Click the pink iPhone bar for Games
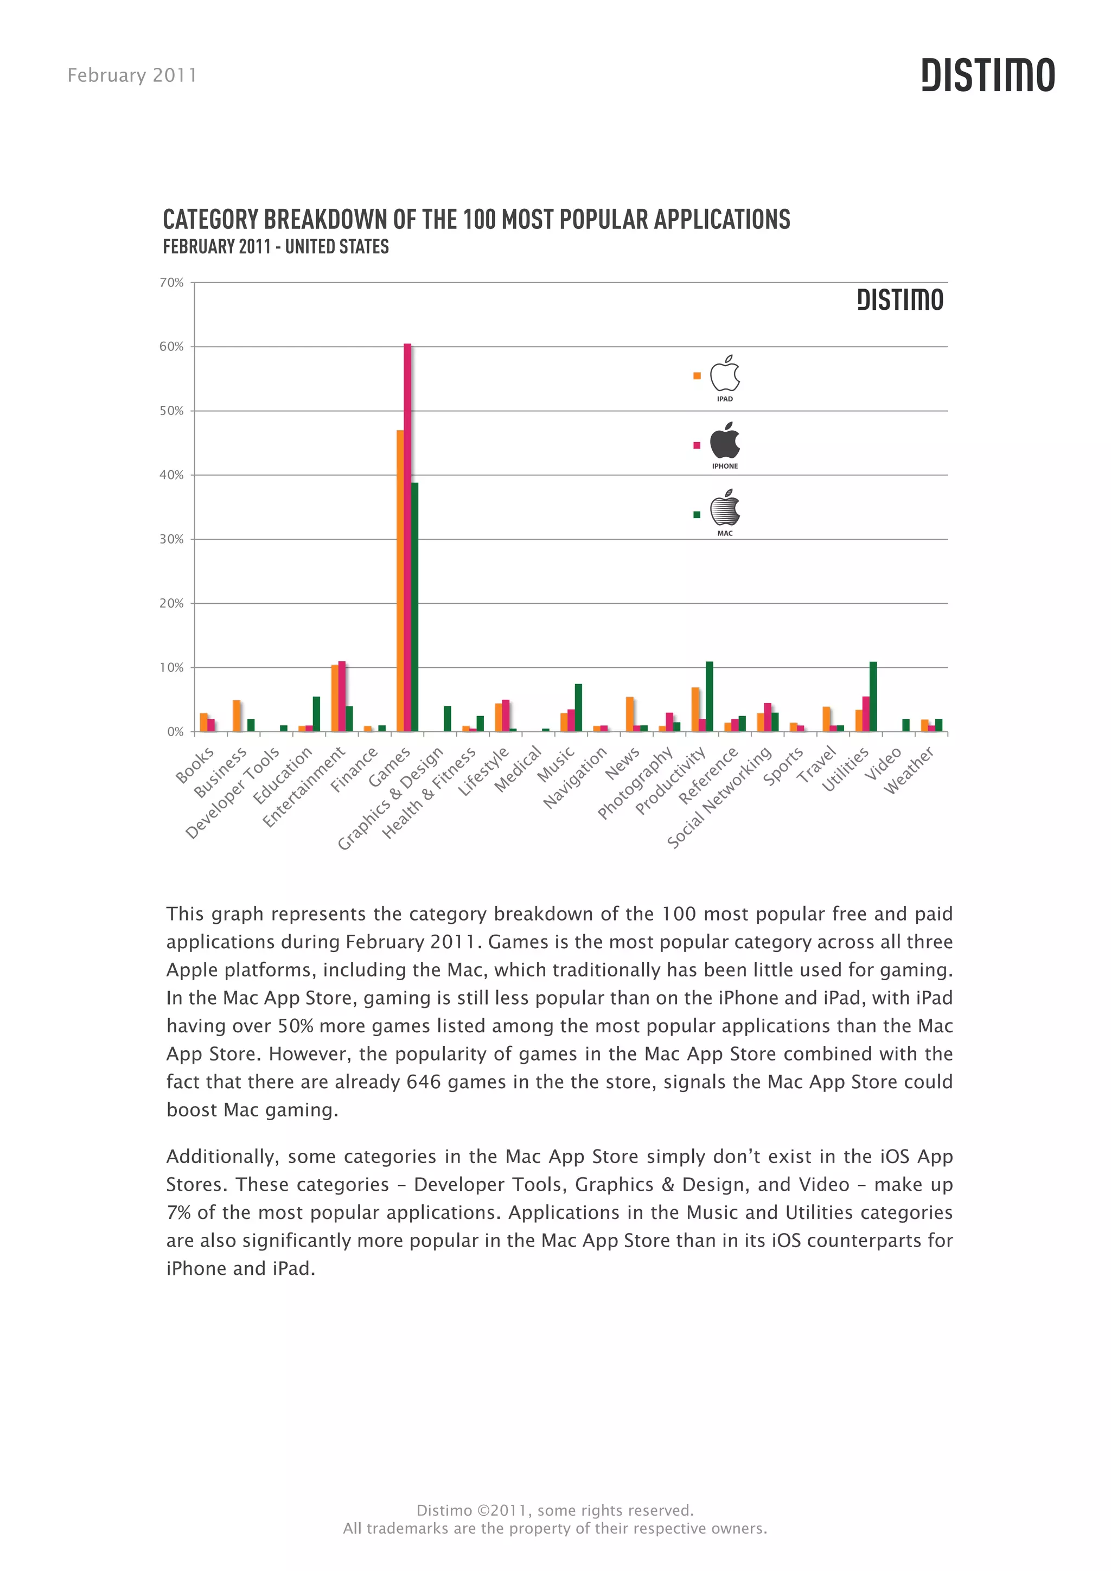(407, 537)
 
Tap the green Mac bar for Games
(414, 607)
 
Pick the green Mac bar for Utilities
(873, 697)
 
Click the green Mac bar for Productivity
(710, 697)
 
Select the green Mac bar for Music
(578, 707)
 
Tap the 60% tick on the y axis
(172, 347)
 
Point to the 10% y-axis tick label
(172, 668)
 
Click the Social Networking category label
(719, 797)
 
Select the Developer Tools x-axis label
(233, 793)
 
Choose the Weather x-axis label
(909, 770)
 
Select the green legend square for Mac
(697, 515)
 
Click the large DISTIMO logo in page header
(987, 75)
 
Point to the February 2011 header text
(132, 75)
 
